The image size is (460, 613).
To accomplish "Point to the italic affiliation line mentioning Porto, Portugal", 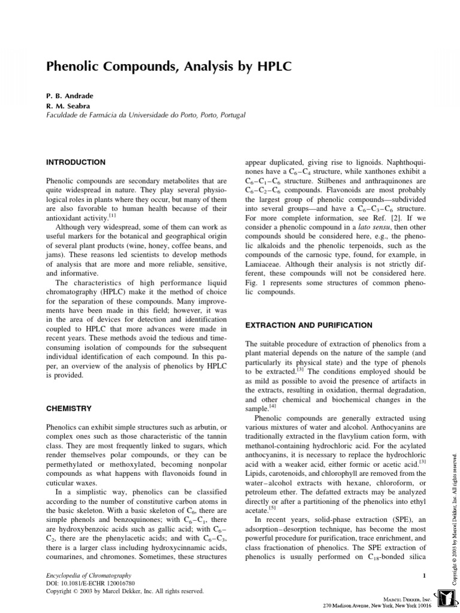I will click(x=146, y=115).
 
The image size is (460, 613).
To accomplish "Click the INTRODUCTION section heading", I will click(x=75, y=162).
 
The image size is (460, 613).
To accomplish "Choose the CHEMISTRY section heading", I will click(x=69, y=408).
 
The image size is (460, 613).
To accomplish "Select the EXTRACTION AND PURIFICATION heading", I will click(x=308, y=325).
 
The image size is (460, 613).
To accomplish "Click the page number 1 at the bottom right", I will click(x=423, y=575).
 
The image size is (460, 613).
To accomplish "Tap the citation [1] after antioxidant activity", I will click(x=112, y=215).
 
